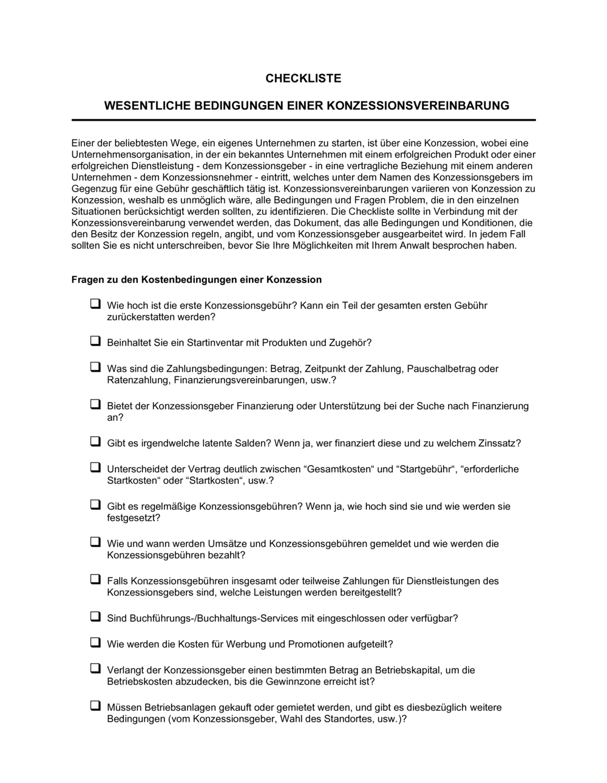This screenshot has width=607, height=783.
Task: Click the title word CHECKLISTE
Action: click(303, 78)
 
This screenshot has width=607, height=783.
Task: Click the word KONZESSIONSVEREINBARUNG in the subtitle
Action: click(418, 106)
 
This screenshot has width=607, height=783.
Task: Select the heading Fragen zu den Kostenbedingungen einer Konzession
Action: click(197, 280)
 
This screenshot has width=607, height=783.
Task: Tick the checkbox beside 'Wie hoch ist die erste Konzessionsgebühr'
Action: click(95, 303)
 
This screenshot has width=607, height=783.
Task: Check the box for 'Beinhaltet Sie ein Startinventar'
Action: click(95, 341)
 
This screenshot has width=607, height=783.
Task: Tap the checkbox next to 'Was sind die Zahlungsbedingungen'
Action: click(95, 367)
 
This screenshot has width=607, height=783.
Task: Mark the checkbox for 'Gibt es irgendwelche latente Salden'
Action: click(95, 442)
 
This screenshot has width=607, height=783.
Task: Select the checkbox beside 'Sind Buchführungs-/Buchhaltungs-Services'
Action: click(95, 617)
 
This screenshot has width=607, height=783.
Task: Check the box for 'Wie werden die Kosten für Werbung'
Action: click(95, 642)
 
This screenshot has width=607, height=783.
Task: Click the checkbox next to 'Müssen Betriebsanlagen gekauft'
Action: click(95, 706)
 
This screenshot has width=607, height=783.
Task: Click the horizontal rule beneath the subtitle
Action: click(303, 120)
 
